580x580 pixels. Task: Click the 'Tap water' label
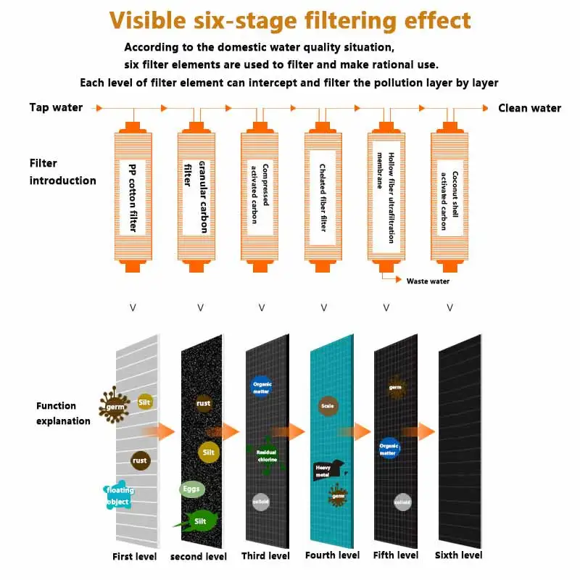point(56,107)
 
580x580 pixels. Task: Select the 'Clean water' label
point(529,108)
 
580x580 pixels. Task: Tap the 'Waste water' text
point(428,281)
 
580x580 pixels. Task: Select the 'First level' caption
point(134,556)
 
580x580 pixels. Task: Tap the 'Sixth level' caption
point(458,555)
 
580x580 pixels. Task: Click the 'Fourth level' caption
point(332,555)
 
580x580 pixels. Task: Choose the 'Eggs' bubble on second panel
point(190,489)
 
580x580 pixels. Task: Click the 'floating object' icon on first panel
point(118,496)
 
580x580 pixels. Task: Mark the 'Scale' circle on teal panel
point(326,406)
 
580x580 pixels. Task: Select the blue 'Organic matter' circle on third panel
point(261,386)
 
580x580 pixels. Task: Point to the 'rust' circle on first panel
point(140,460)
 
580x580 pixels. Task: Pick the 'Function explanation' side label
point(63,413)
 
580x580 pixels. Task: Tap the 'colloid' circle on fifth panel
point(402,502)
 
